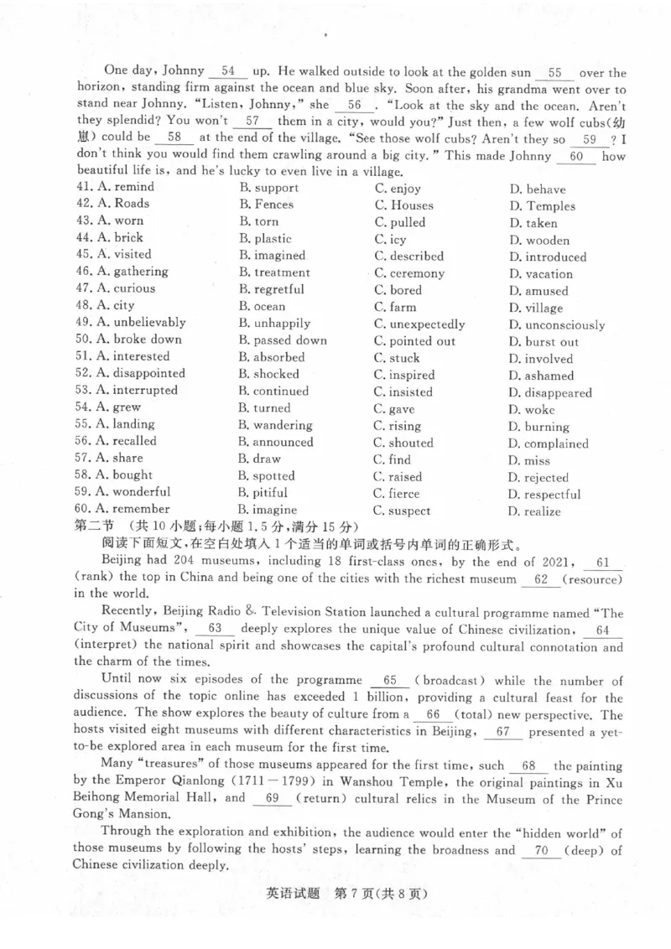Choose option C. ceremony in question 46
click(409, 273)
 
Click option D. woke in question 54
click(531, 410)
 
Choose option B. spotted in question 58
click(266, 476)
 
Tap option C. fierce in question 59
click(397, 494)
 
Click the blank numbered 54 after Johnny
click(232, 73)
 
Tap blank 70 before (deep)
click(541, 850)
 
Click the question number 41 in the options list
click(83, 188)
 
